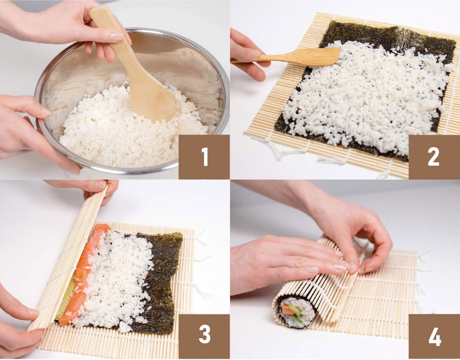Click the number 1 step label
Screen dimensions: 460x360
click(x=204, y=157)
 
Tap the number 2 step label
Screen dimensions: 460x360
click(x=434, y=157)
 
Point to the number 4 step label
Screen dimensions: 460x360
click(x=434, y=337)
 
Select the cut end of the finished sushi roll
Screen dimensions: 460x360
click(x=297, y=312)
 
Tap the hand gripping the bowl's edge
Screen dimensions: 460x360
click(x=32, y=132)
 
